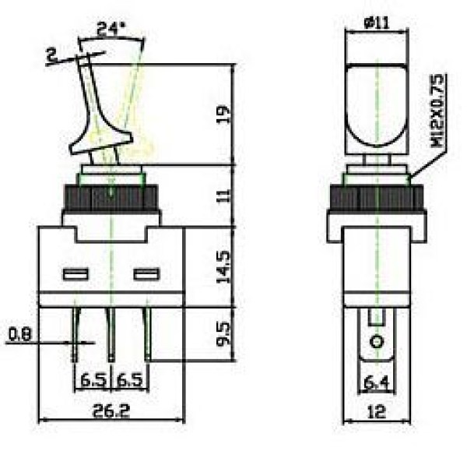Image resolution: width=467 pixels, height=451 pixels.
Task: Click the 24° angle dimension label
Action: [111, 29]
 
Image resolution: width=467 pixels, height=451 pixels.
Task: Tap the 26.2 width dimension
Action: [111, 410]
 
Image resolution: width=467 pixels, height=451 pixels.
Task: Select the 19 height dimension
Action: [224, 115]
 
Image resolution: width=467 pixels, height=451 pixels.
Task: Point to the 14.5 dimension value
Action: [224, 267]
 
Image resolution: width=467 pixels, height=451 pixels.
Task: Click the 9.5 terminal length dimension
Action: [224, 333]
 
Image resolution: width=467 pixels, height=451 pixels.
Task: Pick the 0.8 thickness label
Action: [19, 334]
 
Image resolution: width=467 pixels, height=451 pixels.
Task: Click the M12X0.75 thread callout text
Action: [437, 111]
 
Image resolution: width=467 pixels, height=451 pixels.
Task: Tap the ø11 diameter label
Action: [377, 23]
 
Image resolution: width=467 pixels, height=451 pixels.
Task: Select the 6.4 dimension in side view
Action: [377, 382]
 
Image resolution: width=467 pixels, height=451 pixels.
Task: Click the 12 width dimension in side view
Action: [377, 412]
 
